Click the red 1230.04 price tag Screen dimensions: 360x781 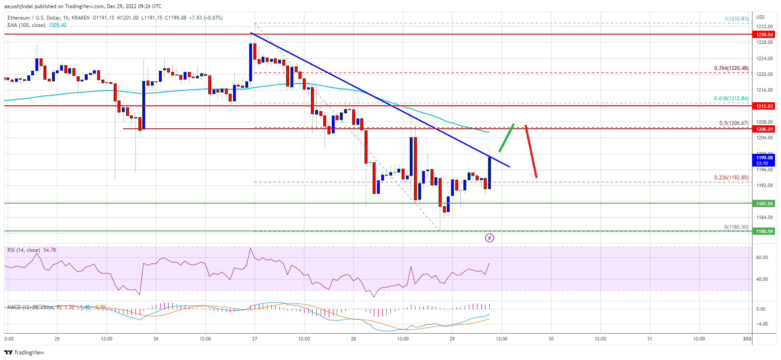click(x=764, y=35)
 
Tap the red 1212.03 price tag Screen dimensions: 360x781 click(x=764, y=106)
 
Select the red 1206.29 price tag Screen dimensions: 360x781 click(x=764, y=129)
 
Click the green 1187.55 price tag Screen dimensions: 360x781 click(x=764, y=204)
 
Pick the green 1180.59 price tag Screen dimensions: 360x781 click(x=764, y=231)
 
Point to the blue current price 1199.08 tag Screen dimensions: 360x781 click(x=764, y=160)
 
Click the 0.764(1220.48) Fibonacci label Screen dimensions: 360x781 click(x=731, y=68)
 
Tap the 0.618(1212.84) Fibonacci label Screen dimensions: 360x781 click(x=731, y=98)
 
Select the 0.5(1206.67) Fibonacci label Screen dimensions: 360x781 click(x=733, y=123)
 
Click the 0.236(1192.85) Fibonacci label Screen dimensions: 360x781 click(x=731, y=178)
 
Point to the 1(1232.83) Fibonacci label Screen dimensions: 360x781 click(x=736, y=19)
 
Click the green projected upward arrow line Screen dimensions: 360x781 click(x=506, y=138)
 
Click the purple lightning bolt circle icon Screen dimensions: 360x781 click(x=489, y=238)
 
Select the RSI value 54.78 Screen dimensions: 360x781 click(x=49, y=250)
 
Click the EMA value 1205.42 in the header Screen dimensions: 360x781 click(x=57, y=25)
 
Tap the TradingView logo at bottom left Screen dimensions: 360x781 click(x=24, y=352)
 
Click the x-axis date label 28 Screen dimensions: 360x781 click(x=353, y=339)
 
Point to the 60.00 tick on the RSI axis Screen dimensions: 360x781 click(x=761, y=257)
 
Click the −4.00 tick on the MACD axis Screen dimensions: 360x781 click(x=761, y=324)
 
